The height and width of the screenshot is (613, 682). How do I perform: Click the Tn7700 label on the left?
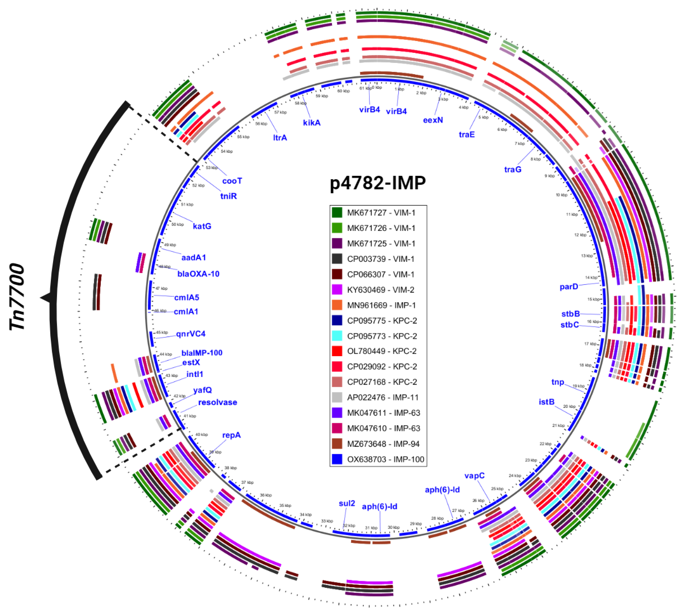(17, 297)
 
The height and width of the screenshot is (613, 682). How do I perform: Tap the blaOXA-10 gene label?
(198, 274)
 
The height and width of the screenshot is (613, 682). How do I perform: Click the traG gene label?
(513, 169)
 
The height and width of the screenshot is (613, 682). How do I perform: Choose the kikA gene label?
(312, 123)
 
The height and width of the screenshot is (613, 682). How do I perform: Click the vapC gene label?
(474, 475)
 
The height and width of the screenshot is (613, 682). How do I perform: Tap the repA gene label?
(231, 435)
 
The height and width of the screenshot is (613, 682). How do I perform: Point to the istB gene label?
(546, 402)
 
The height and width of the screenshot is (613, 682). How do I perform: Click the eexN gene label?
(433, 120)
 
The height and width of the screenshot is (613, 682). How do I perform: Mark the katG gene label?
(202, 226)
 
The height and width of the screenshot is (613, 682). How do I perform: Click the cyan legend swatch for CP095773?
(337, 336)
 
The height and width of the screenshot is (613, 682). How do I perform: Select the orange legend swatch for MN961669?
(337, 305)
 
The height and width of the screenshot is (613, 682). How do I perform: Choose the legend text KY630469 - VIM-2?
(381, 290)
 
